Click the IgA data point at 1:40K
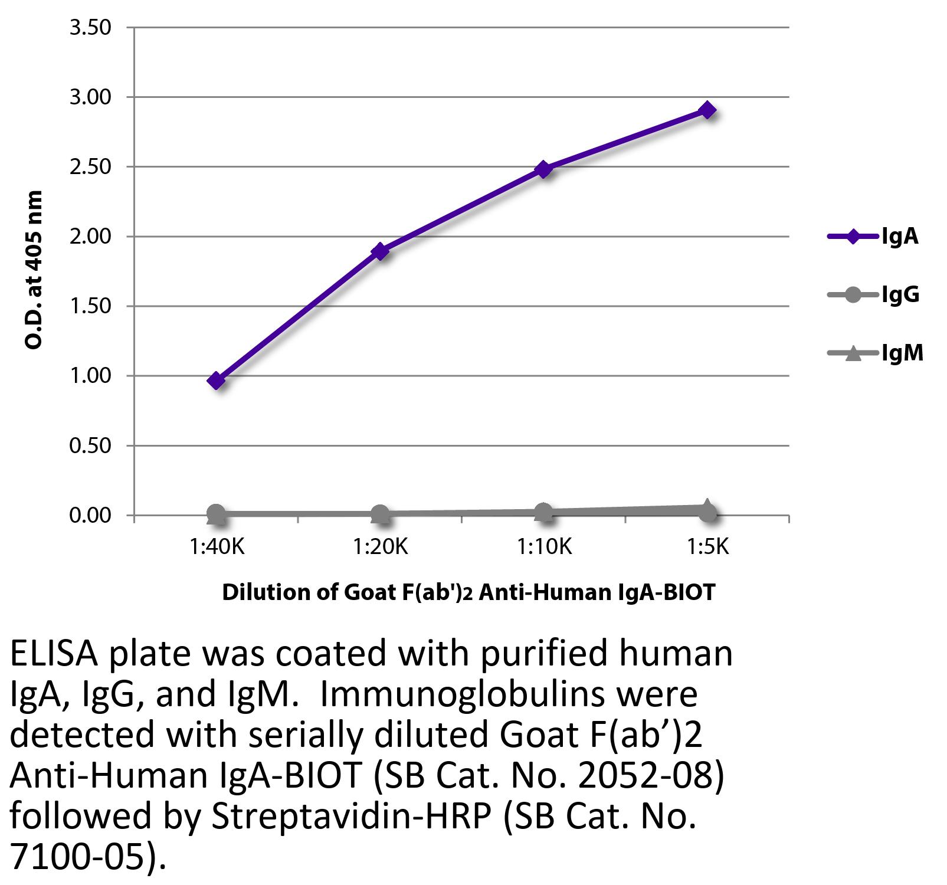pos(216,381)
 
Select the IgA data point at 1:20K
pos(381,251)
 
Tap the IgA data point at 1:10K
pos(544,169)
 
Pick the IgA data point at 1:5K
pos(707,110)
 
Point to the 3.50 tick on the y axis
pos(90,28)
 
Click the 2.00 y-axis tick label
pos(90,237)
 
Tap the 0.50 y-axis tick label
pos(90,445)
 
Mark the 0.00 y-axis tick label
pos(90,515)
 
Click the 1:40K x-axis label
pos(217,548)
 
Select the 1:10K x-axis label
pos(544,548)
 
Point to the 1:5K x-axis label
pos(707,548)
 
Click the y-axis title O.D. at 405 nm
pos(34,270)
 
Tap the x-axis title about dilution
pos(468,592)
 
